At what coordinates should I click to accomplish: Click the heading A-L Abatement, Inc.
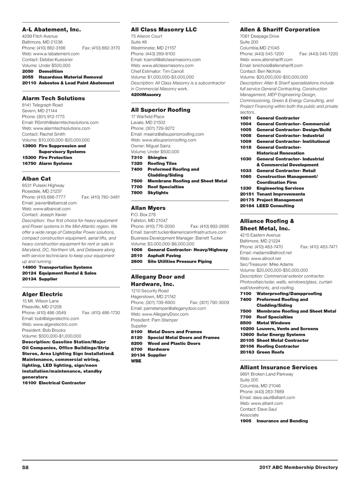click(x=51, y=30)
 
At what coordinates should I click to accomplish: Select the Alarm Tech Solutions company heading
click(x=53, y=98)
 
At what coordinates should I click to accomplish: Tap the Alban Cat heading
click(x=36, y=179)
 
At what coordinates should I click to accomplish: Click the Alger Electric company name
click(x=42, y=294)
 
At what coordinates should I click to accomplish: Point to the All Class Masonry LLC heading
click(x=164, y=30)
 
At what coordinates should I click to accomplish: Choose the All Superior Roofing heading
click(x=160, y=110)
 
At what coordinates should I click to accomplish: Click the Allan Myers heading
click(x=148, y=208)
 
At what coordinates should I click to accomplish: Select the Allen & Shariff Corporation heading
click(x=280, y=30)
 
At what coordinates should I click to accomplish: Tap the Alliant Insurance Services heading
click(x=278, y=367)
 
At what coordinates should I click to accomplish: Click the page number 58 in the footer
click(x=25, y=467)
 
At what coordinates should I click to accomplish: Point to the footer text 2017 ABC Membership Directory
click(x=298, y=467)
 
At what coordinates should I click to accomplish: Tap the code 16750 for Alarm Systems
click(x=29, y=163)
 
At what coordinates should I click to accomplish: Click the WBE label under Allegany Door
click(x=136, y=361)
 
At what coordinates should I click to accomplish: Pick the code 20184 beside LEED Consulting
click(x=247, y=206)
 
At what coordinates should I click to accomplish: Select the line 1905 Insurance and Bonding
click(x=274, y=421)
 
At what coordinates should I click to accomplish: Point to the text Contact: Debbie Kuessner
click(x=47, y=59)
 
